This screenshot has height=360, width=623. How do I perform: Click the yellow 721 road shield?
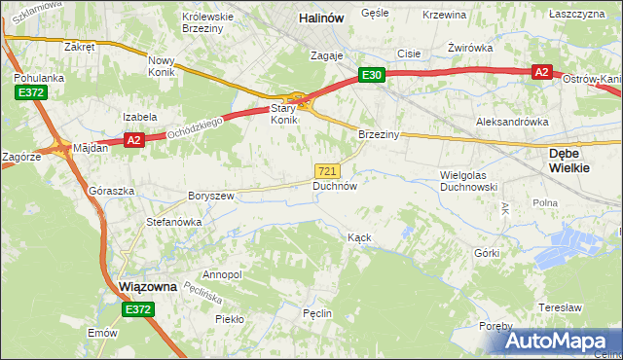pos(328,170)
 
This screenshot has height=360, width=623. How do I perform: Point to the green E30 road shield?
pos(371,75)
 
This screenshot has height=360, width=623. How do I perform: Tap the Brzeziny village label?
pos(379,134)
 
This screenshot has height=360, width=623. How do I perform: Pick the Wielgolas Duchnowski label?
pos(468,180)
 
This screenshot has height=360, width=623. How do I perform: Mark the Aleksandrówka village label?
pos(512,122)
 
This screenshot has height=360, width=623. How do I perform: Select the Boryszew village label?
pos(211,196)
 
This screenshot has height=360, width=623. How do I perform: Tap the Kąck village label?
pos(359,237)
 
